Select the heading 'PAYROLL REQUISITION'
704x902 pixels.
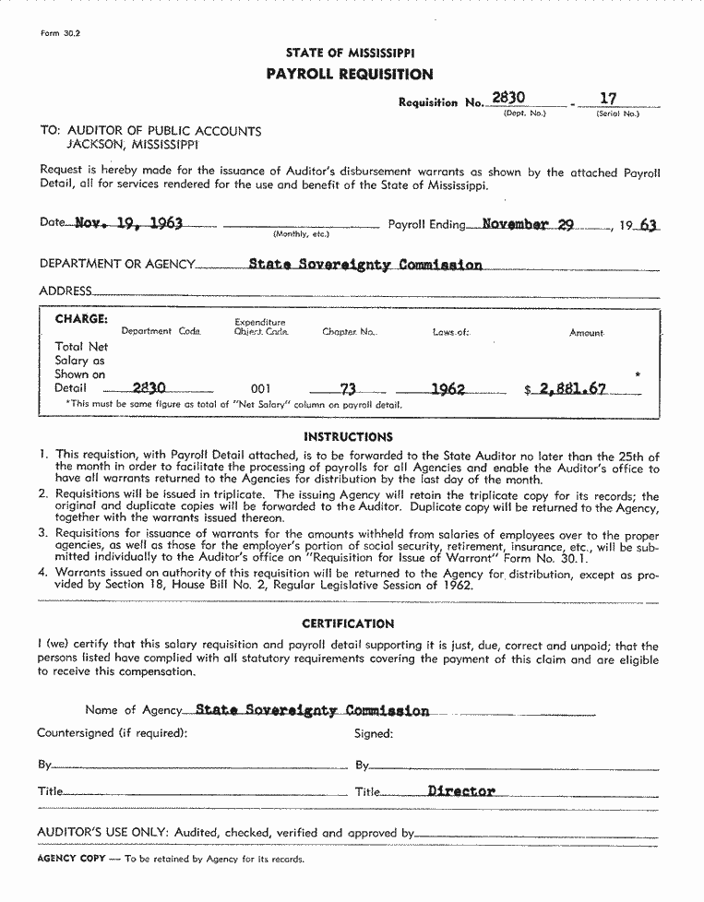[x=349, y=74]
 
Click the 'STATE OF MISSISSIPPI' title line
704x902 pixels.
[x=350, y=53]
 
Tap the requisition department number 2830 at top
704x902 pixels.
[x=508, y=98]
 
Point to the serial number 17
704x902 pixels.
[x=608, y=98]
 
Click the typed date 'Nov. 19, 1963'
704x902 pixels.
[x=128, y=223]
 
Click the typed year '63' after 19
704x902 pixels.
[x=648, y=225]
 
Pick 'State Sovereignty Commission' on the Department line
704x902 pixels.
[x=365, y=265]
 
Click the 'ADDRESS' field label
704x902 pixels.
[x=66, y=291]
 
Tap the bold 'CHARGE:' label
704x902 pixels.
[x=81, y=319]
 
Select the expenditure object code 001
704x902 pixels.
[x=261, y=389]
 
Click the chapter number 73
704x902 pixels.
[x=348, y=389]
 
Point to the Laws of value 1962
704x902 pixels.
[x=448, y=389]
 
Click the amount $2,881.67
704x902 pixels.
[x=566, y=389]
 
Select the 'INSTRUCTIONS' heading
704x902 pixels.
[x=348, y=436]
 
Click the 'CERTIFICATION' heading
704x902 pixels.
[x=348, y=623]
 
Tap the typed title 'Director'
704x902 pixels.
[x=461, y=790]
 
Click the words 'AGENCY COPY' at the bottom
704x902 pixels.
[x=71, y=859]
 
